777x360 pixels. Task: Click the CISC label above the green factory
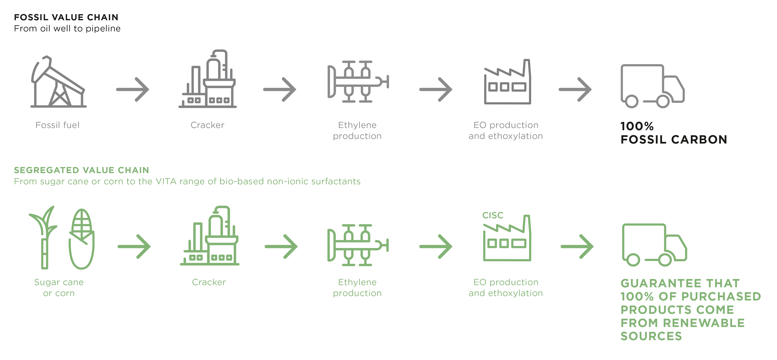(x=493, y=215)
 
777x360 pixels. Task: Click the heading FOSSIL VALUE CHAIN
(x=66, y=17)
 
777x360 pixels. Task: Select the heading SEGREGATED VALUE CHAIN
(x=81, y=170)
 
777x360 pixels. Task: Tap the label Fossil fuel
(x=57, y=125)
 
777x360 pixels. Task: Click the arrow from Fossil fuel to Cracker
(x=133, y=89)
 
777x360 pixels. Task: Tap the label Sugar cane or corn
(x=59, y=287)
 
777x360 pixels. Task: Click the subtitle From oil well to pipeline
(x=67, y=28)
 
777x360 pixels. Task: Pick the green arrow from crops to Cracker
(x=134, y=247)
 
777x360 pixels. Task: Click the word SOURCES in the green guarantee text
(x=651, y=336)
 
